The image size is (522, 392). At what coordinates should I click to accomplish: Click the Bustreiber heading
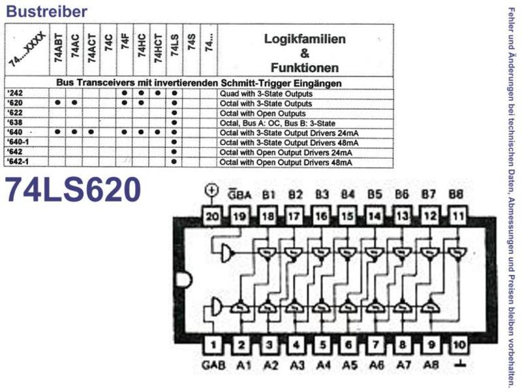tap(46, 11)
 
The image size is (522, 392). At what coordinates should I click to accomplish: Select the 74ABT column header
tap(58, 48)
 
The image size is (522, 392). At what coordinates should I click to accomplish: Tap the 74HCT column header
tap(158, 48)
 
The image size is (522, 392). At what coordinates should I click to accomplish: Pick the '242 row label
tap(15, 93)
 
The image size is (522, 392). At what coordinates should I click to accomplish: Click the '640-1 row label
tap(18, 142)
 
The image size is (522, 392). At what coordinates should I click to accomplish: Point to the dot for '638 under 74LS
tap(174, 122)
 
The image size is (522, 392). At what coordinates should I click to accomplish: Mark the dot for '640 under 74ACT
tap(91, 132)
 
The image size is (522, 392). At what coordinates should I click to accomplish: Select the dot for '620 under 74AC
tap(74, 103)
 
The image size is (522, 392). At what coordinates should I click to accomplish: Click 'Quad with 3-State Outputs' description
tap(266, 93)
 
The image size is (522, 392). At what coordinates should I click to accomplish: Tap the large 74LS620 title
tap(73, 189)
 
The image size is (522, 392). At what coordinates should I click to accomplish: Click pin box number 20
tap(212, 217)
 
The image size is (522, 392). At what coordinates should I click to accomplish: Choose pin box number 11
tap(459, 217)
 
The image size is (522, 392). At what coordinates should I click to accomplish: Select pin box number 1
tap(213, 344)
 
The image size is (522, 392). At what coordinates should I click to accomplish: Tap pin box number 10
tap(459, 344)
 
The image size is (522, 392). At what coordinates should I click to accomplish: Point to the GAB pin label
tap(213, 365)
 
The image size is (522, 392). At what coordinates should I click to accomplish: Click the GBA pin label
tap(239, 194)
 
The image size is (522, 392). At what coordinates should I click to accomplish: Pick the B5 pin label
tap(375, 194)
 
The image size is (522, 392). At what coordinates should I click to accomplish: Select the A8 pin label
tap(431, 365)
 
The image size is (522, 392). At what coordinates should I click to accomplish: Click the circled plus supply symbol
tap(211, 190)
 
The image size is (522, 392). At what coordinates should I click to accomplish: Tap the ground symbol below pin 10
tap(461, 364)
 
